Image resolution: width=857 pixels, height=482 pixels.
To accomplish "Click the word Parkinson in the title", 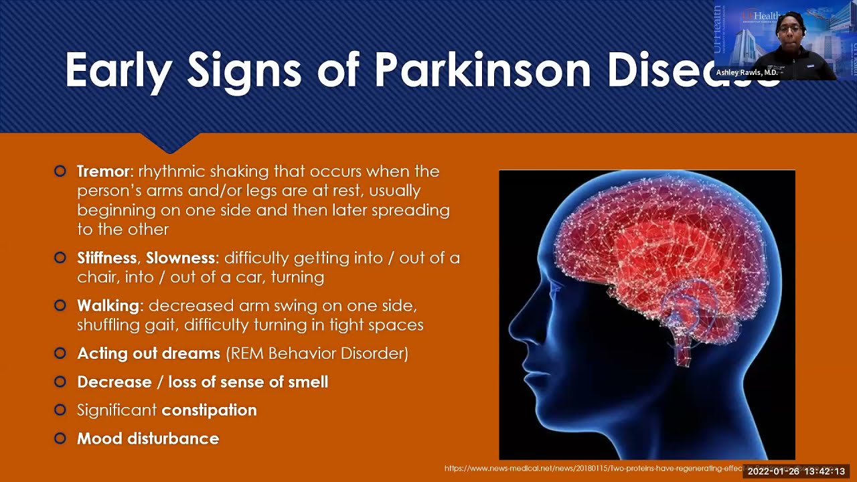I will coord(483,70).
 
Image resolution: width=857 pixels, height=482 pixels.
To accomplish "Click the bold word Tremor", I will coord(105,171).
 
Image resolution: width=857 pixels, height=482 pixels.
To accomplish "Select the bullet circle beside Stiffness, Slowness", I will coord(60,258).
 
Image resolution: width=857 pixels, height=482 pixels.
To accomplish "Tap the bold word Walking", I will coord(108,306).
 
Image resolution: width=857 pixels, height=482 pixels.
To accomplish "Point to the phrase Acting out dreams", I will coord(148,353).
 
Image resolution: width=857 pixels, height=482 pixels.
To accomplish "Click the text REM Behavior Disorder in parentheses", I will coord(317,353).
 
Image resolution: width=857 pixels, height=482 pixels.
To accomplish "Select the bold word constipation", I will coord(209,410).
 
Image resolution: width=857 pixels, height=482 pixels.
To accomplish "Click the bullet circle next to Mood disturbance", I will coord(60,438).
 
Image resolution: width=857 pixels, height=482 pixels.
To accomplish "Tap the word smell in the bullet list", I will coord(306,382).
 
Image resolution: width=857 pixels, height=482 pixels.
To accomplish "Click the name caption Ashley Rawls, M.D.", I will coord(747,72).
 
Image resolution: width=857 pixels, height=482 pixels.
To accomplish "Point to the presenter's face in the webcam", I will coord(789,29).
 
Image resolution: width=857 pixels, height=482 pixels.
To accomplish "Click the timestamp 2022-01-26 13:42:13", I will coord(796,471).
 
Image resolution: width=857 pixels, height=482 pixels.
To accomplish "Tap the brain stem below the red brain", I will coord(684,348).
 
